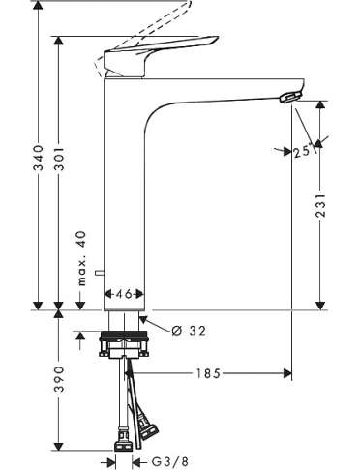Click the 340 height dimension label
point(39,158)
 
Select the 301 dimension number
point(59,159)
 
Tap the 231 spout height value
point(320,205)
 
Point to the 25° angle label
point(304,151)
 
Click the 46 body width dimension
point(124,294)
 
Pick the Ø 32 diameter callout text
point(189,331)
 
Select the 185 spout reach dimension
point(208,373)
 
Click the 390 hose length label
point(59,379)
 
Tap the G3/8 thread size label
point(169,462)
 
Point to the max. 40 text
point(82,258)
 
